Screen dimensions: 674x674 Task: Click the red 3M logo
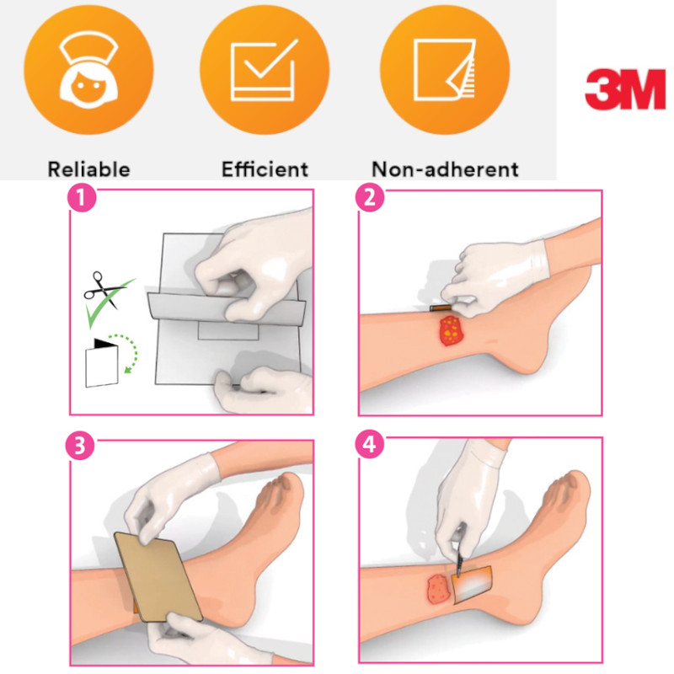pos(625,89)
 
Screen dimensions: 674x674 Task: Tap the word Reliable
pos(88,169)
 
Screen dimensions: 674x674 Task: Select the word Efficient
pos(265,169)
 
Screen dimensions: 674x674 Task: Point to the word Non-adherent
pos(445,169)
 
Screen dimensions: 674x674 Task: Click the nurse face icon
pos(88,70)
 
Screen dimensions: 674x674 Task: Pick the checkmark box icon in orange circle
pos(264,70)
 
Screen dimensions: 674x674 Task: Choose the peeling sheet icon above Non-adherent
pos(445,70)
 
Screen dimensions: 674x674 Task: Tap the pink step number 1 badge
pos(82,198)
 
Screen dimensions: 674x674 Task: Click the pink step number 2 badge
pos(370,198)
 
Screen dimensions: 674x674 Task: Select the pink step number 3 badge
pos(80,446)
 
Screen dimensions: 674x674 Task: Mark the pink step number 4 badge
pos(370,444)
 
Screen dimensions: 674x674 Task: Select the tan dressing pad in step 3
pos(158,577)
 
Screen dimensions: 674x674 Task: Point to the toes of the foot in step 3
pos(280,495)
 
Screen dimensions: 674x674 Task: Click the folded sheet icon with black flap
pos(102,363)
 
